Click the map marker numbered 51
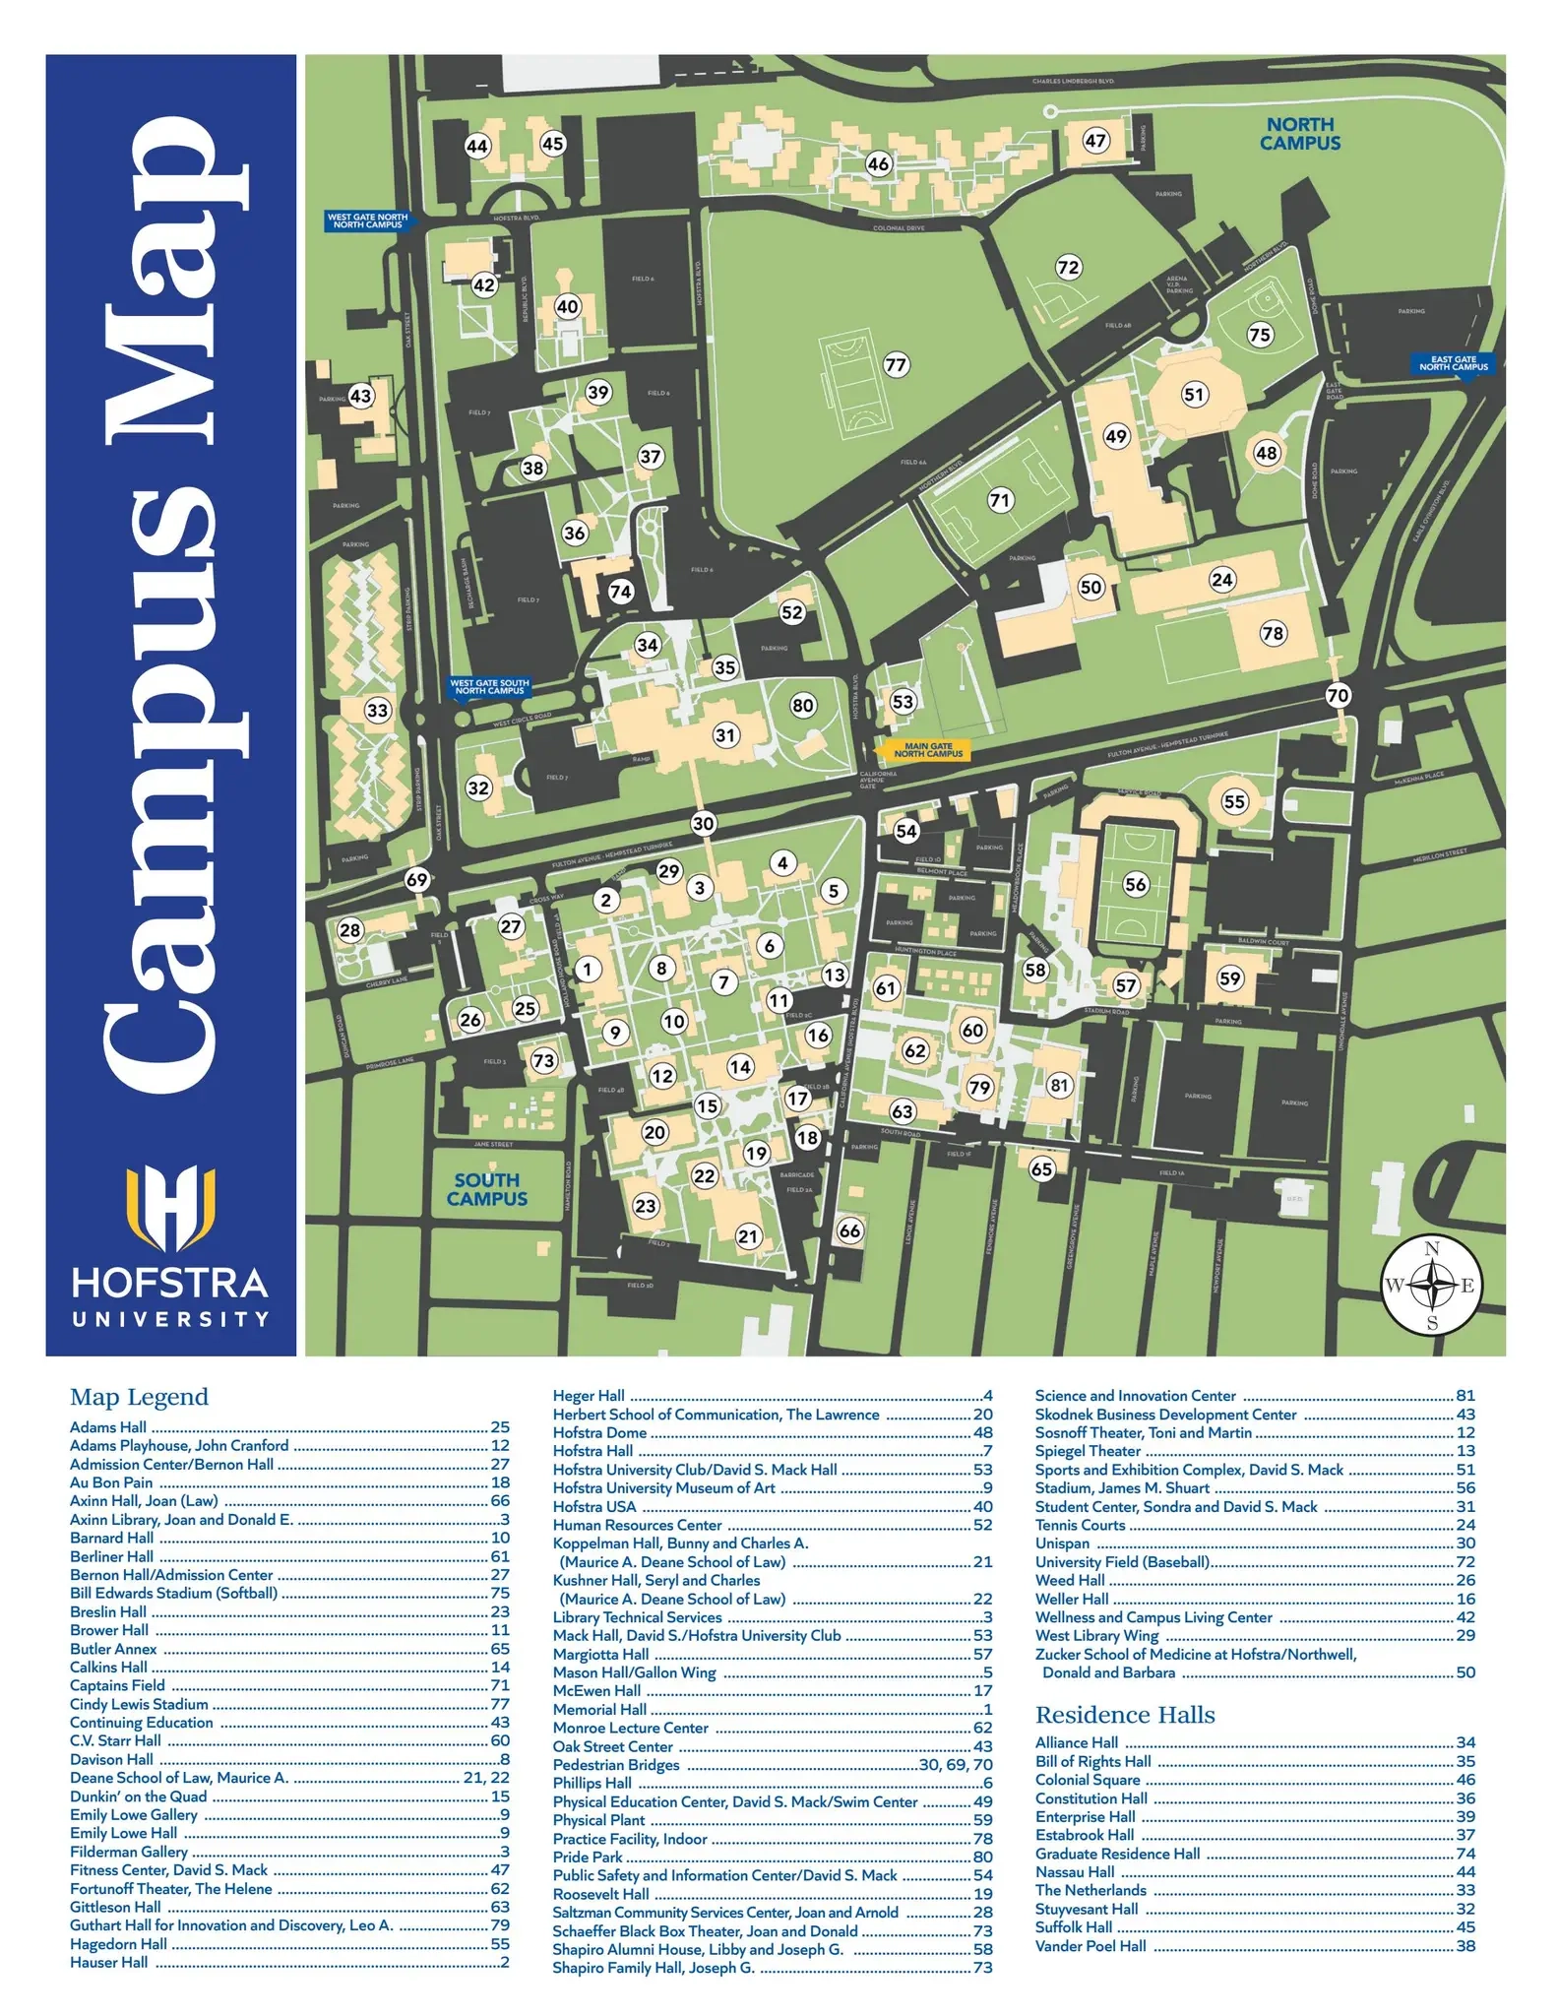click(1194, 395)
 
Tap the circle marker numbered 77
click(896, 364)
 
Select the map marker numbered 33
click(378, 710)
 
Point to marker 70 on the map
click(1338, 695)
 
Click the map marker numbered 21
click(749, 1236)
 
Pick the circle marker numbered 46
click(878, 163)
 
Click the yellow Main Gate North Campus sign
click(928, 750)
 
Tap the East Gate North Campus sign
click(1453, 363)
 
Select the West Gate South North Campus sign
click(489, 686)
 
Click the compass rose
click(1432, 1285)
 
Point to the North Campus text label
click(1299, 134)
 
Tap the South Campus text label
click(487, 1189)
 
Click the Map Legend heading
click(139, 1397)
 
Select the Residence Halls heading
click(1125, 1715)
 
